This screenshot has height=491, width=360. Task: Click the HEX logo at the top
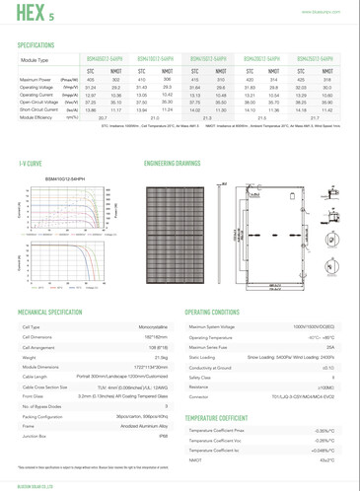click(x=28, y=12)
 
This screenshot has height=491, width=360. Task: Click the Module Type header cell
click(x=38, y=61)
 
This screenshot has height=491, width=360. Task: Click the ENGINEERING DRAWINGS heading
click(x=175, y=160)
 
